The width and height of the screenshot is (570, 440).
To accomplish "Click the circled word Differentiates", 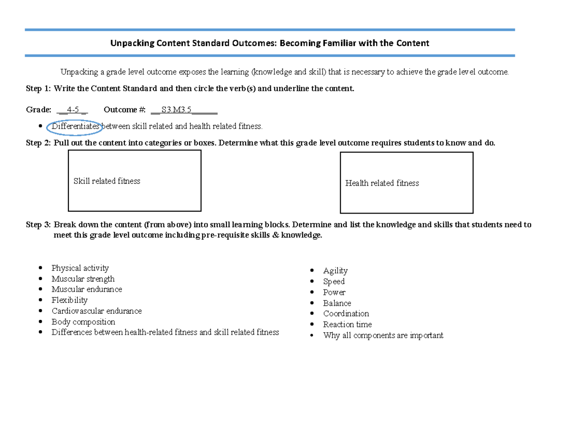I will coord(76,126).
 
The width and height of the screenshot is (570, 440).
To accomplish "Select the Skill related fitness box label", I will coord(107,181).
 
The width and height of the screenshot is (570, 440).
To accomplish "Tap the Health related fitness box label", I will coord(382,183).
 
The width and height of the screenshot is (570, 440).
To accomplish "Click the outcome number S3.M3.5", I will coord(176,110).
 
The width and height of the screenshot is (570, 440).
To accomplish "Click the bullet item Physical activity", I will coord(80,268).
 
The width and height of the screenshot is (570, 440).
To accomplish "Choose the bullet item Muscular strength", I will coord(83,279).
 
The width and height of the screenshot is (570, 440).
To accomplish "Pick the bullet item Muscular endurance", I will coord(87,290).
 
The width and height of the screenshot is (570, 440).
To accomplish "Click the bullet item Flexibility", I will coord(70,300).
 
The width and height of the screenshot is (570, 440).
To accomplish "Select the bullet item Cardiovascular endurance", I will coord(96,311).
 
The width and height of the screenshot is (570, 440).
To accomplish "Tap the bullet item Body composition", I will coord(83,322).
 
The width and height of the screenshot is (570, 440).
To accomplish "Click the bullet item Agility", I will coord(335,271).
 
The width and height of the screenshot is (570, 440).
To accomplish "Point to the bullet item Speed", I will coord(334,282).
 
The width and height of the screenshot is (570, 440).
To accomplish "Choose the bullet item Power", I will coord(334,293).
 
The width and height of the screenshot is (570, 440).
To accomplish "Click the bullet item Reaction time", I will coord(348,325).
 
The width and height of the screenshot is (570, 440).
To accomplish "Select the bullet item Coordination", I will coord(346,314).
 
